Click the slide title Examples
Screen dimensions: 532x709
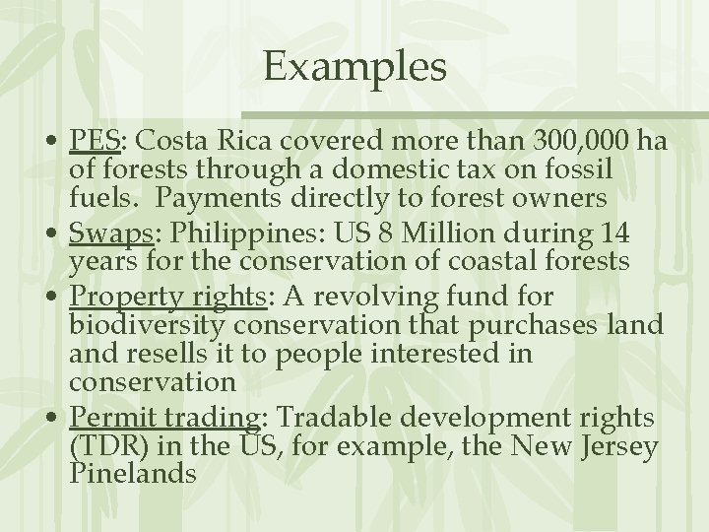click(354, 68)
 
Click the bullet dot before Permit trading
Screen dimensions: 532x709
click(55, 419)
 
